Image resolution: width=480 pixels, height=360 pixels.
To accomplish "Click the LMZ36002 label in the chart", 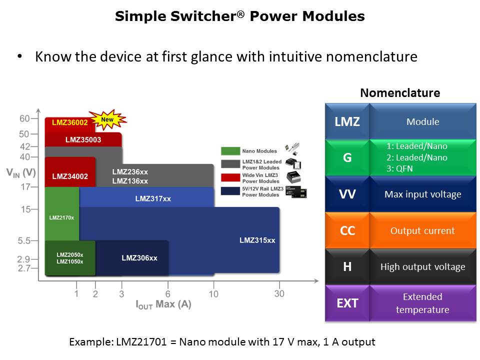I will [x=70, y=122].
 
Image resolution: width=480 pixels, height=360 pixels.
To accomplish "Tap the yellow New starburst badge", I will [x=107, y=119].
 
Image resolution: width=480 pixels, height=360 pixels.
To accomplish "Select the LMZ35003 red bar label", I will [x=83, y=139].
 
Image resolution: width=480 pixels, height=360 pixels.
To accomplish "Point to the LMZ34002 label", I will [x=70, y=176].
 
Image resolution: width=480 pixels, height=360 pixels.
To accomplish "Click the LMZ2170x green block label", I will [x=61, y=217].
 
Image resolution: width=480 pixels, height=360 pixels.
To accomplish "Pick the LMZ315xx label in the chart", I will [x=257, y=240].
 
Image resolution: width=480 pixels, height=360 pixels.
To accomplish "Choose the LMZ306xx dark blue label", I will [x=139, y=258].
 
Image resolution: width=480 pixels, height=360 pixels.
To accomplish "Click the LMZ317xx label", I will [x=153, y=198].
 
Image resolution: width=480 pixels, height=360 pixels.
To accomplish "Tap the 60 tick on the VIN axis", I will [x=24, y=118].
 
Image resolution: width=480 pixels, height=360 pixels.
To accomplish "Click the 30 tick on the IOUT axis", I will [x=279, y=293].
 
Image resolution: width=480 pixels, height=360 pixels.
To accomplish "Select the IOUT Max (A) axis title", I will [x=163, y=304].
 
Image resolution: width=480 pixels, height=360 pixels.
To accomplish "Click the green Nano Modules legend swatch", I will [x=230, y=150].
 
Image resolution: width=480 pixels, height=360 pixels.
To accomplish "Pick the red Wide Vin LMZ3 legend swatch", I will [x=230, y=178].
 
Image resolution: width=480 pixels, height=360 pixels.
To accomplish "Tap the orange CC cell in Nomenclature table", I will [x=347, y=230].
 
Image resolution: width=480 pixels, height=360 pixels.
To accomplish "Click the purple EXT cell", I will [x=347, y=303].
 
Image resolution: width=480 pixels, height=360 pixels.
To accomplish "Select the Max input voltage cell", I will [x=422, y=194].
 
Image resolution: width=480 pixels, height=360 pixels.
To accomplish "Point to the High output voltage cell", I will [x=422, y=266].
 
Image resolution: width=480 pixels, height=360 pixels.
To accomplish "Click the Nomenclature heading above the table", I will [x=400, y=92].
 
